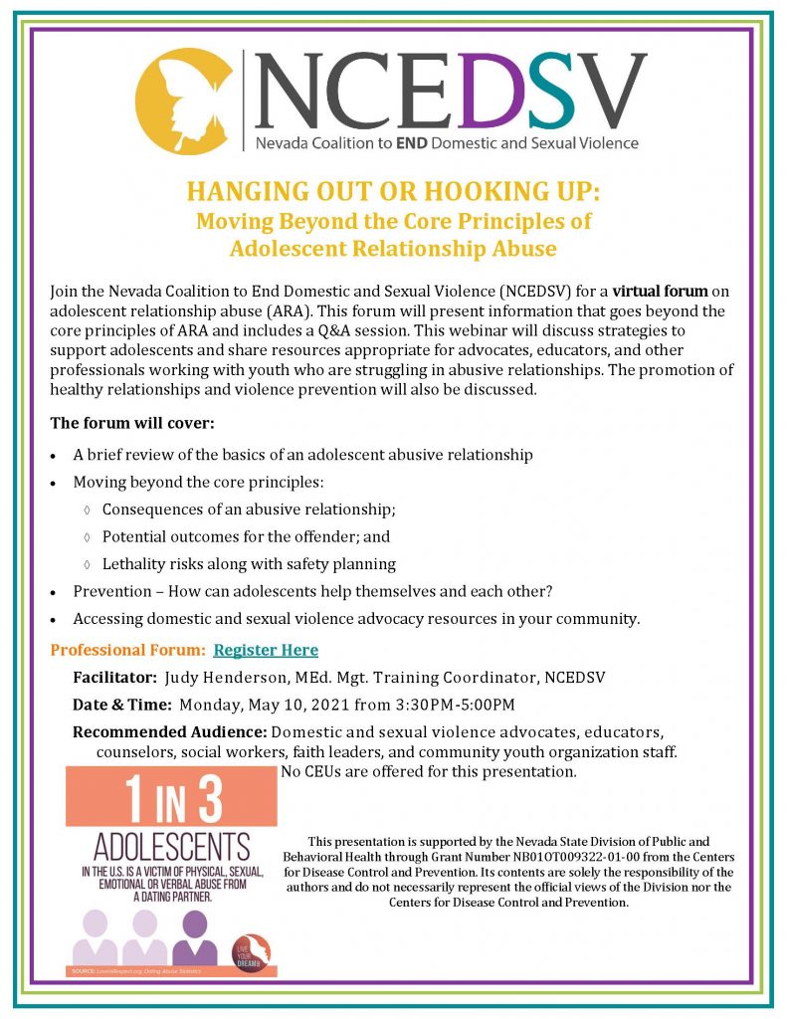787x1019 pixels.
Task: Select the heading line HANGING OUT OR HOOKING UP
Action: click(394, 191)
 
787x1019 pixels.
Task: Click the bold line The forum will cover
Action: click(131, 423)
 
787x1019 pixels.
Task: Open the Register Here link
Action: click(266, 650)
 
